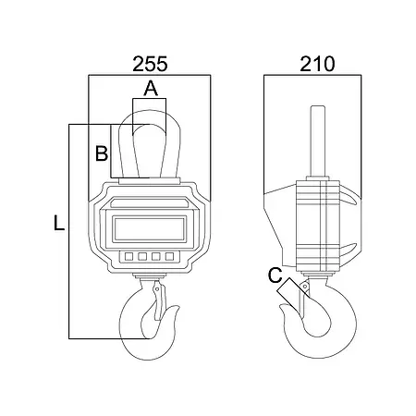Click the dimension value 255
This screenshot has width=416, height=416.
(150, 64)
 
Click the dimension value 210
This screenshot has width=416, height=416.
(317, 64)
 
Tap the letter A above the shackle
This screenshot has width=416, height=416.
(151, 89)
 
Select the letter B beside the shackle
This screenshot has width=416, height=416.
(102, 153)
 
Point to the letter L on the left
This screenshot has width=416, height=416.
(59, 223)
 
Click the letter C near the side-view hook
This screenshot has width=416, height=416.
(275, 275)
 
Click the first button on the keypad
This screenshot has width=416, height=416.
(128, 256)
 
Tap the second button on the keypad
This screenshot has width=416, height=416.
(142, 256)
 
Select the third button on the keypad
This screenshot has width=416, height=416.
(156, 256)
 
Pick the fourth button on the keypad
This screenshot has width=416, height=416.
(169, 256)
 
